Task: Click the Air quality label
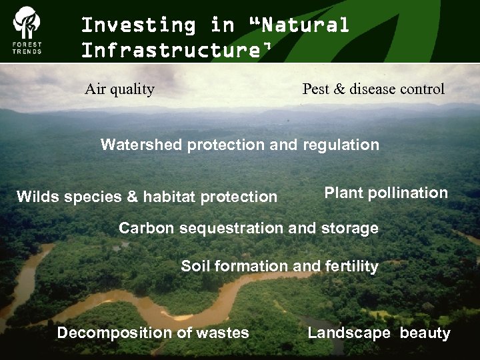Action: coord(119,89)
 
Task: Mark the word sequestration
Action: coord(228,228)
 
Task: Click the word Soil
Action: coord(195,267)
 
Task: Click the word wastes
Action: coord(225,333)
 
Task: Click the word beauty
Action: coord(425,333)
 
